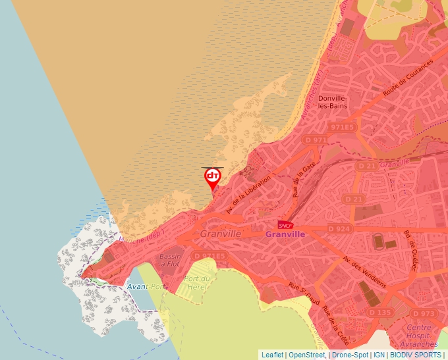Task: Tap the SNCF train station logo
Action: tap(285, 225)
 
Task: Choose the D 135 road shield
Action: tap(380, 312)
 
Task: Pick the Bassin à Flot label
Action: tap(169, 260)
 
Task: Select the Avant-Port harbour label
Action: tap(146, 286)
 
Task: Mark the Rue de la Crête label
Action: tap(335, 326)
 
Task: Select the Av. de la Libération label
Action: tap(248, 194)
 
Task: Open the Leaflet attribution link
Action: tap(272, 355)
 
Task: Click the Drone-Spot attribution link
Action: tap(350, 355)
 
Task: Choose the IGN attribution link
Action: tap(379, 355)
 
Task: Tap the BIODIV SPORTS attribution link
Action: tap(416, 355)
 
